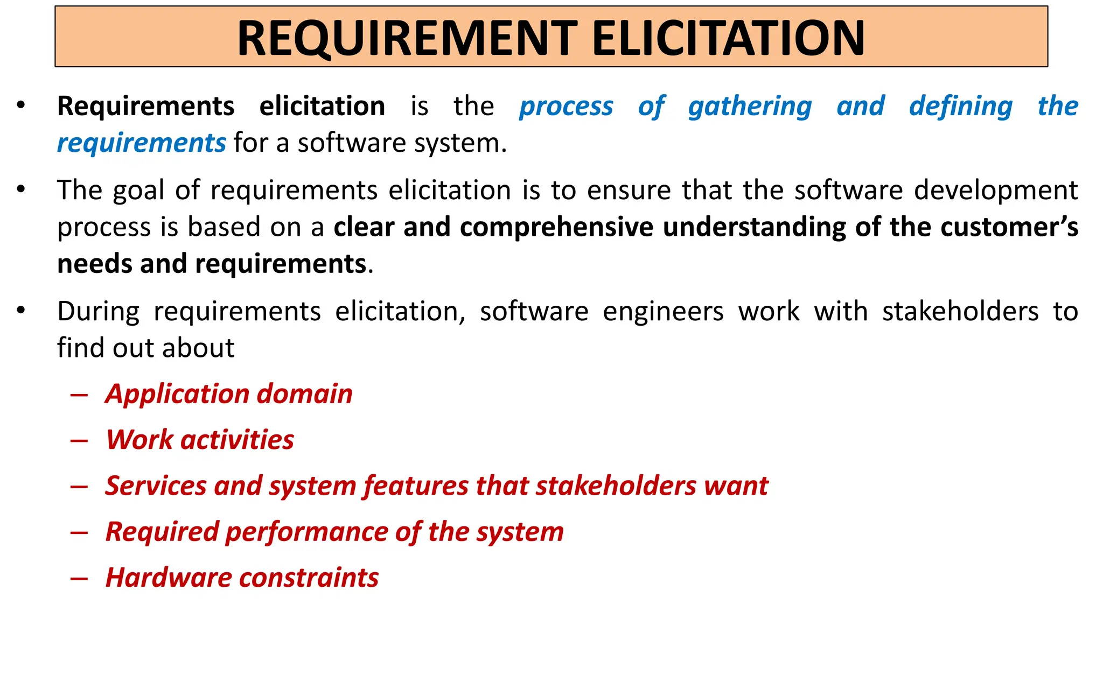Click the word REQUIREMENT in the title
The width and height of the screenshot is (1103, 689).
(407, 38)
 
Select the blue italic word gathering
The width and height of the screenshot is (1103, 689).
(750, 106)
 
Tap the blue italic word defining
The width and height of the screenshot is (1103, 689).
(960, 106)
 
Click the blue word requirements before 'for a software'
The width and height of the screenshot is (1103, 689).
(141, 143)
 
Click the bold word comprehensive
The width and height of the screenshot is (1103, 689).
(556, 227)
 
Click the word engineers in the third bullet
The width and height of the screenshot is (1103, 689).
(663, 312)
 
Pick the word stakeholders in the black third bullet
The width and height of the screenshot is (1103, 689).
(960, 312)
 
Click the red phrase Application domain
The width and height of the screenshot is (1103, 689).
(229, 394)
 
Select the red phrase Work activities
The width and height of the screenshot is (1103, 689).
(200, 440)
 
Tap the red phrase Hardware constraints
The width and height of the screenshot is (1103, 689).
(242, 578)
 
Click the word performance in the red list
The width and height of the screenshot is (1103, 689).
(306, 532)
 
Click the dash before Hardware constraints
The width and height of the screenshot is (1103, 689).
(79, 578)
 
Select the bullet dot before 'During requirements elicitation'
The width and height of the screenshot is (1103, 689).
(21, 311)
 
